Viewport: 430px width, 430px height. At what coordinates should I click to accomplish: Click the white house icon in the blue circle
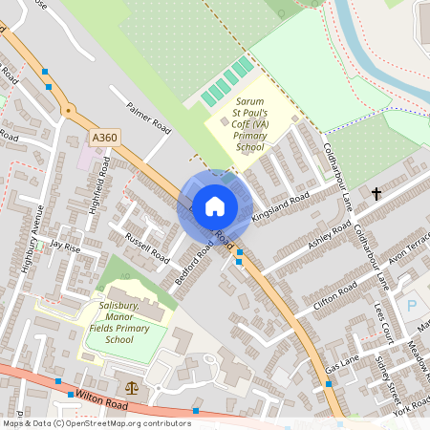point(215,206)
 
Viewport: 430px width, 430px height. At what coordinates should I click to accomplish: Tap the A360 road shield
point(105,139)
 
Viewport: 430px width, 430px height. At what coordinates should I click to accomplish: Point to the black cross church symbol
point(376,193)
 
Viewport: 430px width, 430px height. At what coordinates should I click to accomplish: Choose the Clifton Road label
point(334,294)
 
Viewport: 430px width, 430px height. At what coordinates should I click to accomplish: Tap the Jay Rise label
point(65,246)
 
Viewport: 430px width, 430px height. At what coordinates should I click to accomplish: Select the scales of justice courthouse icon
point(132,387)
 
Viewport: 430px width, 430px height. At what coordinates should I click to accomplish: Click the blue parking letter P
point(413,306)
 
